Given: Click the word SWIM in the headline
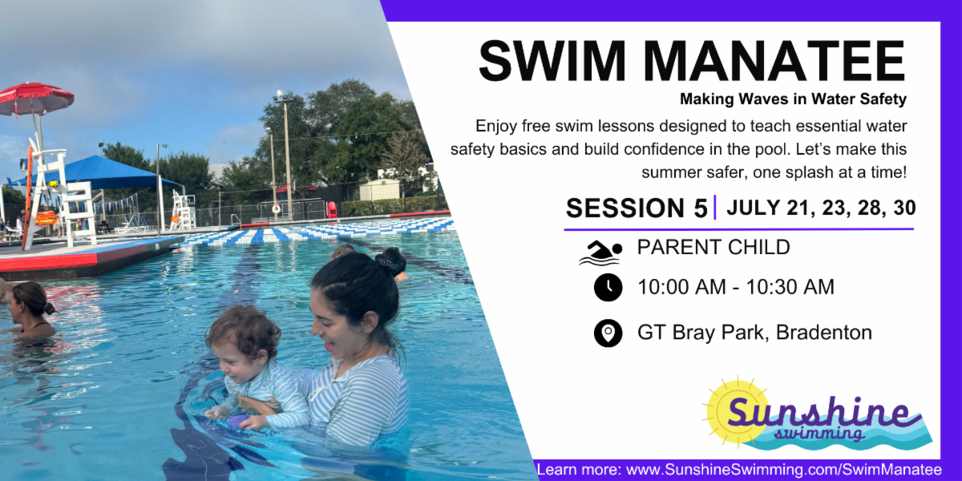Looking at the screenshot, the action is click(552, 61).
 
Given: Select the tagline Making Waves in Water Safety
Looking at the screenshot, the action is click(793, 99).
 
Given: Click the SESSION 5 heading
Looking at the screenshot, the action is click(636, 208).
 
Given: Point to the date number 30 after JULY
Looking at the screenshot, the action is click(904, 208).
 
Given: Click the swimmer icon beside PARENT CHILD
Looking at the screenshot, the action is click(600, 253).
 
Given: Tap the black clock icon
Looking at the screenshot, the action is click(608, 287).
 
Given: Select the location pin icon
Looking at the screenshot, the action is click(608, 333).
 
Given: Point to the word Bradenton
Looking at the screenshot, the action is click(824, 333).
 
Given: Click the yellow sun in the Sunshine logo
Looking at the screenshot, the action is click(735, 412).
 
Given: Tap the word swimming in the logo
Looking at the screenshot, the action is click(819, 433).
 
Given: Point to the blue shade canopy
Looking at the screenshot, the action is click(98, 172).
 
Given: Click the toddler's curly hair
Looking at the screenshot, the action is click(244, 329).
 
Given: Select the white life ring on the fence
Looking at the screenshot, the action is click(276, 209).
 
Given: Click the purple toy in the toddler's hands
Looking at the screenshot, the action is click(236, 420).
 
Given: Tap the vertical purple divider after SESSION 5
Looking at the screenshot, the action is click(715, 207).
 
